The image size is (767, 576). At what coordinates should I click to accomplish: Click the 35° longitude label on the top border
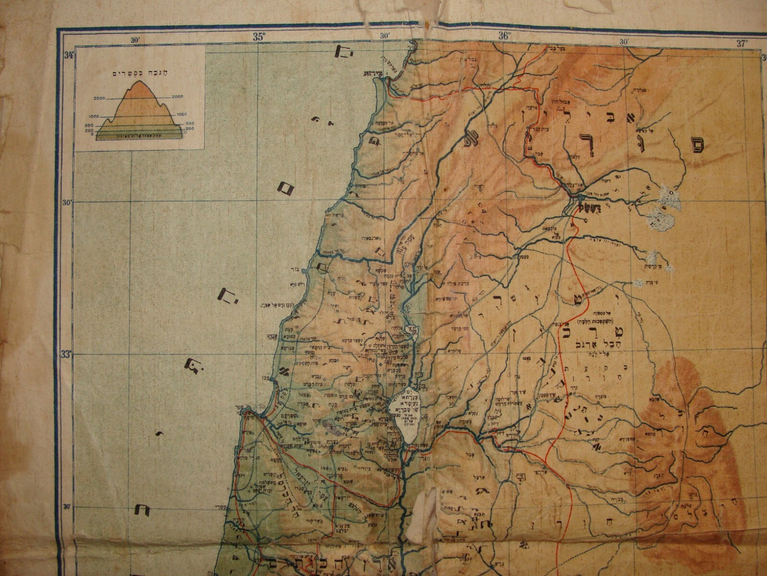click(x=258, y=37)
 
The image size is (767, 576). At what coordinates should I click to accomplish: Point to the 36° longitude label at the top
click(x=504, y=37)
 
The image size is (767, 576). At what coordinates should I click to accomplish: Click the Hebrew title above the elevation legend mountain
click(x=139, y=73)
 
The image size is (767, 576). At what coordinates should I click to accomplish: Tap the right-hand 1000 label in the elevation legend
click(x=182, y=114)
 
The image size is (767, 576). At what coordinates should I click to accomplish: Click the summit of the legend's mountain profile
click(x=140, y=82)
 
